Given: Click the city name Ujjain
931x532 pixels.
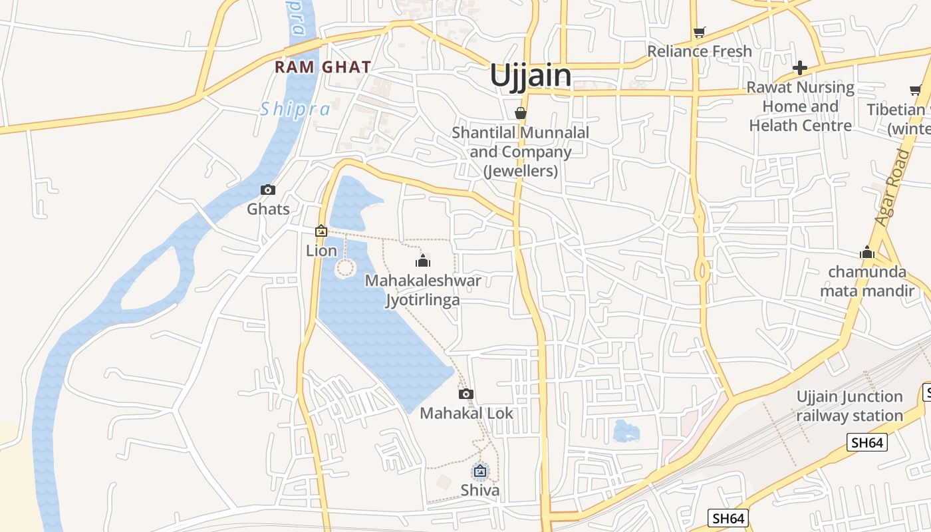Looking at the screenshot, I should tap(530, 76).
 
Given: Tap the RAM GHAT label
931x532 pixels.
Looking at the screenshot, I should tap(323, 67).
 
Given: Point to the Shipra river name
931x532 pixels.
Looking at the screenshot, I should tap(295, 109).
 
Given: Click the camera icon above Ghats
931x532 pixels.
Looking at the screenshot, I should tap(268, 190).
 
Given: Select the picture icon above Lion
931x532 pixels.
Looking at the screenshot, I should tap(321, 231).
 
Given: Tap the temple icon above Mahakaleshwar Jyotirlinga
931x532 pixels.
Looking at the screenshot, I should tap(422, 261).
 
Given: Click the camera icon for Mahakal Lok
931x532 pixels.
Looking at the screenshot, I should tap(466, 394).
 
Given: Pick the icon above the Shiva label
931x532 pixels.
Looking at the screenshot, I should tap(479, 471).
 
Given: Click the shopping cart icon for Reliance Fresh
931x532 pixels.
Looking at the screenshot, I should tap(699, 32).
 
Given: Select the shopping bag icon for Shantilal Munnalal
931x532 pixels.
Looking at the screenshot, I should tap(521, 113).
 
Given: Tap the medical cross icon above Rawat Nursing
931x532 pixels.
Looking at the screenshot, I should tap(799, 68).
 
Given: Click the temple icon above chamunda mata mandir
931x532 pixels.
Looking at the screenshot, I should tap(866, 252).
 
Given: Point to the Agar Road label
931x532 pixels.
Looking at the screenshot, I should tap(892, 188).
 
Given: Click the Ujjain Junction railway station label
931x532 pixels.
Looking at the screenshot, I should tap(849, 406).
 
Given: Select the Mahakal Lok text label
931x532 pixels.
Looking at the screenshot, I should tap(466, 413).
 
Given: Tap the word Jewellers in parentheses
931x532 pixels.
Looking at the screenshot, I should tap(521, 171).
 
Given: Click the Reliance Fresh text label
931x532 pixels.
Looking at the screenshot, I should tap(699, 51).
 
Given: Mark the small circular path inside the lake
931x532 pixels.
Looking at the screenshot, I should tap(344, 269).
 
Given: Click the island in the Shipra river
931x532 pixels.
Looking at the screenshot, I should tap(150, 279).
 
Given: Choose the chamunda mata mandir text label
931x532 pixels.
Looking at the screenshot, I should tap(866, 281).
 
